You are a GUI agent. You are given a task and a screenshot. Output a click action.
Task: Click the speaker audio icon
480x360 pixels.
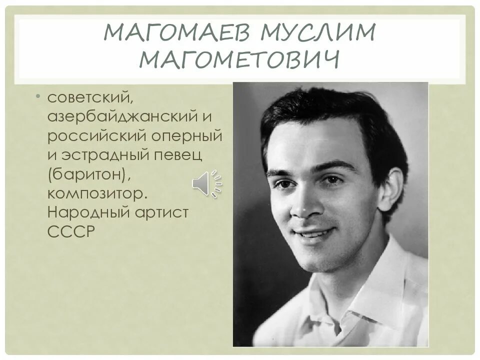pyautogui.click(x=206, y=183)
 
